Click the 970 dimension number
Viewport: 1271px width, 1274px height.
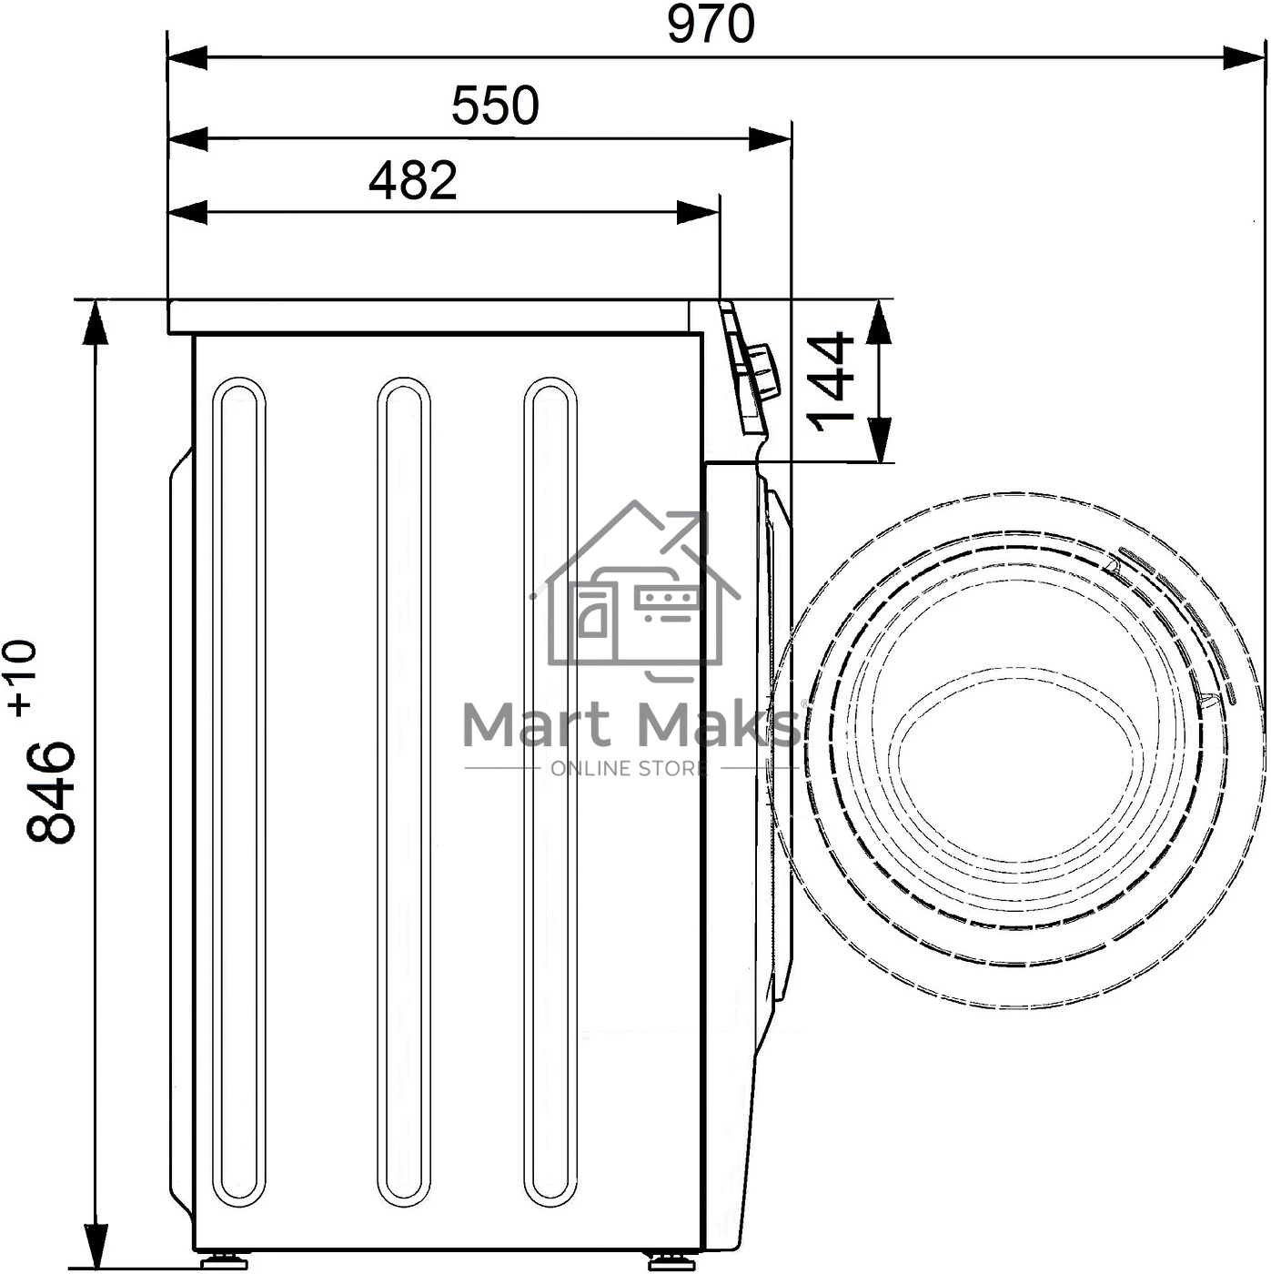pyautogui.click(x=711, y=24)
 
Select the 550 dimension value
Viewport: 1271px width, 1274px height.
pyautogui.click(x=495, y=106)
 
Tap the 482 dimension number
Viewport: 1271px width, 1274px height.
pyautogui.click(x=413, y=180)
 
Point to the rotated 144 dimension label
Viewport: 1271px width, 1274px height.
pyautogui.click(x=832, y=381)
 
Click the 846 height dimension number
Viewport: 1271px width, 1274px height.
pyautogui.click(x=51, y=792)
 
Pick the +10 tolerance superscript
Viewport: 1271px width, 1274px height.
pyautogui.click(x=22, y=677)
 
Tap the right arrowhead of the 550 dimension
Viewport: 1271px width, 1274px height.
pyautogui.click(x=770, y=139)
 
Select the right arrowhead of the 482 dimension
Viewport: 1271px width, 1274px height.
pyautogui.click(x=698, y=213)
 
